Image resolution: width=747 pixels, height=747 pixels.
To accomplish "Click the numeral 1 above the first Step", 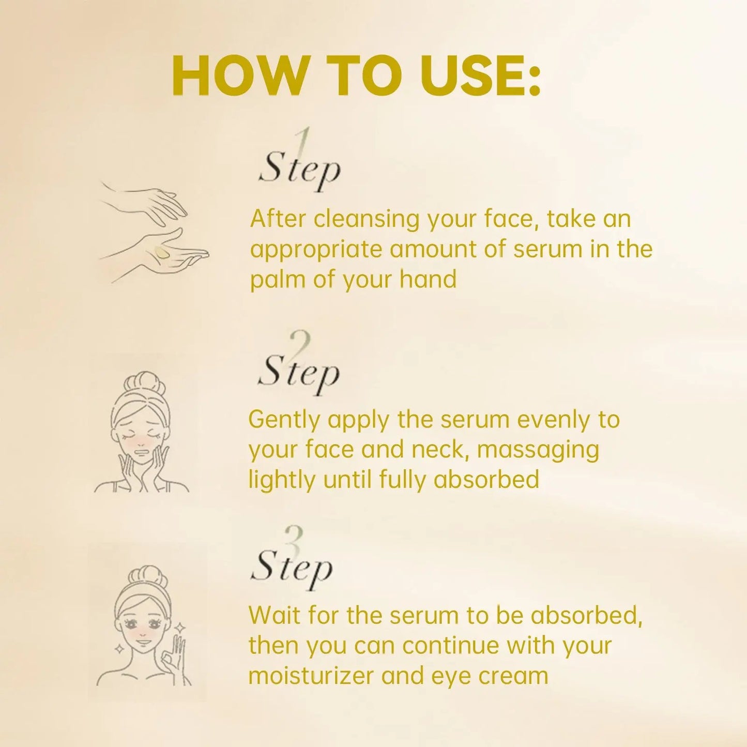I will tap(305, 141).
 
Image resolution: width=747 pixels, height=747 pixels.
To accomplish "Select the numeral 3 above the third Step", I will tap(295, 538).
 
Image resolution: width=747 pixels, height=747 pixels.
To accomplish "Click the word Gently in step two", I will tap(284, 420).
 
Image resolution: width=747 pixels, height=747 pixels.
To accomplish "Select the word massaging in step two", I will tap(538, 450).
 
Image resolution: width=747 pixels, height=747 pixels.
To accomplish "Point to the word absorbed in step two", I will tap(486, 479).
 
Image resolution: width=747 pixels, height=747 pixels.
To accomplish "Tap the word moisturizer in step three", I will tap(311, 676).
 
